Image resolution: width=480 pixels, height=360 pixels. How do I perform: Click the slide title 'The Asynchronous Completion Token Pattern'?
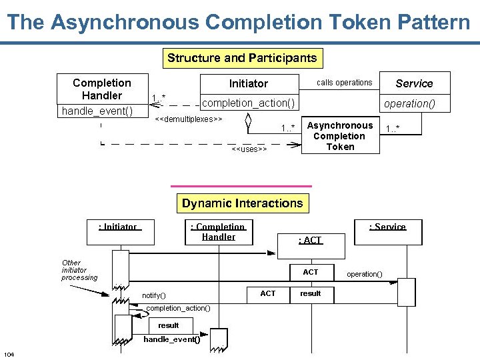[239, 22]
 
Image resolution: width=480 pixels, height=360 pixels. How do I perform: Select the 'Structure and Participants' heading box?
[242, 58]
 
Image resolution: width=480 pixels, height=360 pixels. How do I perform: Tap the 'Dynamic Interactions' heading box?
[242, 203]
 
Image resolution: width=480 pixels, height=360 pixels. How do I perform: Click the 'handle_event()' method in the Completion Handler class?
[97, 111]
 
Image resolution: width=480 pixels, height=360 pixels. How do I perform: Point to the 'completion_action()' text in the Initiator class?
[248, 103]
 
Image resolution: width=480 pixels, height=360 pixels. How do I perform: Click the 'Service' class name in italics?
[414, 83]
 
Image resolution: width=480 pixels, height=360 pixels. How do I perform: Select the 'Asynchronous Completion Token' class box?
[340, 136]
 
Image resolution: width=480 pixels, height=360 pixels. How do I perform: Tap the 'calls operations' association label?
[344, 83]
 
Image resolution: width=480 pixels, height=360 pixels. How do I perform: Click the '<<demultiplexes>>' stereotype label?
[188, 119]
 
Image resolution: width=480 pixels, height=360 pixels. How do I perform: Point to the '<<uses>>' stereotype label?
[249, 149]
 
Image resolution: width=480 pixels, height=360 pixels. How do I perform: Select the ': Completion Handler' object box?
[218, 232]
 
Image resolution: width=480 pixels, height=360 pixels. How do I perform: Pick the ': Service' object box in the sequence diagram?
[388, 227]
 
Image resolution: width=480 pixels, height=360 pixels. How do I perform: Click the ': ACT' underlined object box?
[310, 240]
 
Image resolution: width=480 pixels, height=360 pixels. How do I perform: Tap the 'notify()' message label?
[154, 295]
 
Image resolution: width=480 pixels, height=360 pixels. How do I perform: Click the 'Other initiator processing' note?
[79, 270]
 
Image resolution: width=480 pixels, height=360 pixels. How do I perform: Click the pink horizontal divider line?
[241, 186]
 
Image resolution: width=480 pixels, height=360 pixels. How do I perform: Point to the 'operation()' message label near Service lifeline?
[364, 274]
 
